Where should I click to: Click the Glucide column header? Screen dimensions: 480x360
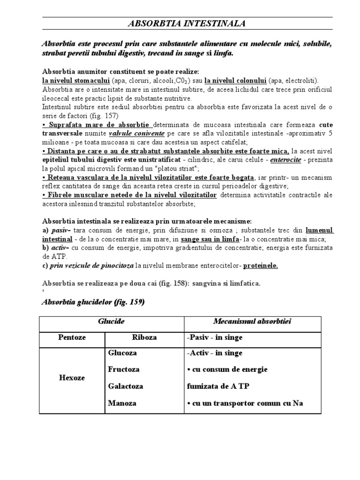[111, 321]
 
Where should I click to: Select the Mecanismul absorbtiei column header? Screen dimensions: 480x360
[253, 321]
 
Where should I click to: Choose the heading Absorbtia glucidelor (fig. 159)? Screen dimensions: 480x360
[93, 302]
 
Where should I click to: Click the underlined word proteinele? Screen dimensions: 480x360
[260, 265]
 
